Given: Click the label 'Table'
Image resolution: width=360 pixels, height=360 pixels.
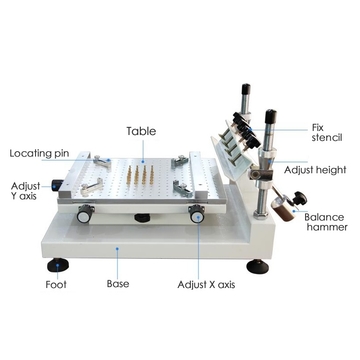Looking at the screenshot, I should pyautogui.click(x=140, y=131).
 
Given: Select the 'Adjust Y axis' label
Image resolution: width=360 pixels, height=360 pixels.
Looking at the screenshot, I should pyautogui.click(x=26, y=193).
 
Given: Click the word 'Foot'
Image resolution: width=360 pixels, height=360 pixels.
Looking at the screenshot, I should pyautogui.click(x=56, y=283).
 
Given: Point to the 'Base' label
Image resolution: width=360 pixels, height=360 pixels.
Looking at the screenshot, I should pyautogui.click(x=118, y=283).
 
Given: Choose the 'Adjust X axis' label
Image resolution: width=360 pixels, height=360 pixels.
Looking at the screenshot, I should pyautogui.click(x=207, y=284).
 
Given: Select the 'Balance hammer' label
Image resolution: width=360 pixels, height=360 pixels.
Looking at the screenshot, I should pyautogui.click(x=326, y=222).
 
